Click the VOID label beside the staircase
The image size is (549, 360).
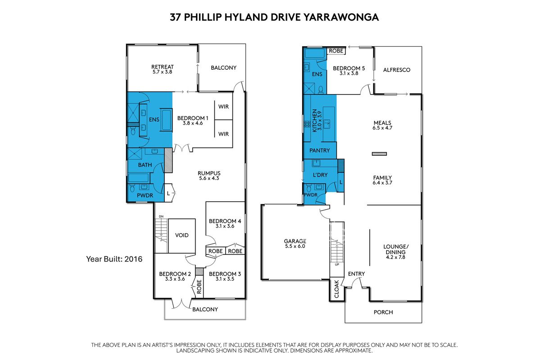tap(181, 235)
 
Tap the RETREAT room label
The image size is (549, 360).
tap(162, 67)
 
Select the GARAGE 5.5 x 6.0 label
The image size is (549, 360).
tap(295, 243)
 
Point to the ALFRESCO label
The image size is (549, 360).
tap(397, 70)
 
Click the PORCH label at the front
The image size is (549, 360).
tap(383, 312)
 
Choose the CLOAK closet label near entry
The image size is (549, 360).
tap(336, 289)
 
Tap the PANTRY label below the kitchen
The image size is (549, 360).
tap(320, 151)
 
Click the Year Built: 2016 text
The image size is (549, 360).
tap(114, 259)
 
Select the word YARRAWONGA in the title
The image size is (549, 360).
tap(341, 18)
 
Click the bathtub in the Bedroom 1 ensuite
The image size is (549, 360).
tap(166, 120)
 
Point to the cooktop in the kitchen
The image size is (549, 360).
tap(307, 124)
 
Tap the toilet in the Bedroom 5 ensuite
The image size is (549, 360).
tap(321, 90)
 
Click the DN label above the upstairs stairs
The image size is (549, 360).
tap(161, 216)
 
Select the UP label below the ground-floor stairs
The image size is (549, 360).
tap(337, 265)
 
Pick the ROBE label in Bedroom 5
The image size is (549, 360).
tap(336, 51)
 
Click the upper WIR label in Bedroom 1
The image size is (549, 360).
tap(223, 107)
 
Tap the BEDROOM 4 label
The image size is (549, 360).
tap(225, 221)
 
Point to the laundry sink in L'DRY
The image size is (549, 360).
tap(316, 163)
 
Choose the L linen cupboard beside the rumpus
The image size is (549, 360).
tap(168, 193)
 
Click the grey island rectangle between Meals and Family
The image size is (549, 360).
tap(379, 154)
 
